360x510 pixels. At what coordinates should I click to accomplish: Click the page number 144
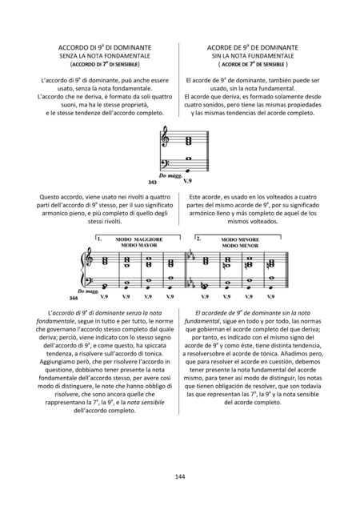tap(179, 477)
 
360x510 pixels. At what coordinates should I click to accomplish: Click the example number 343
tap(153, 183)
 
